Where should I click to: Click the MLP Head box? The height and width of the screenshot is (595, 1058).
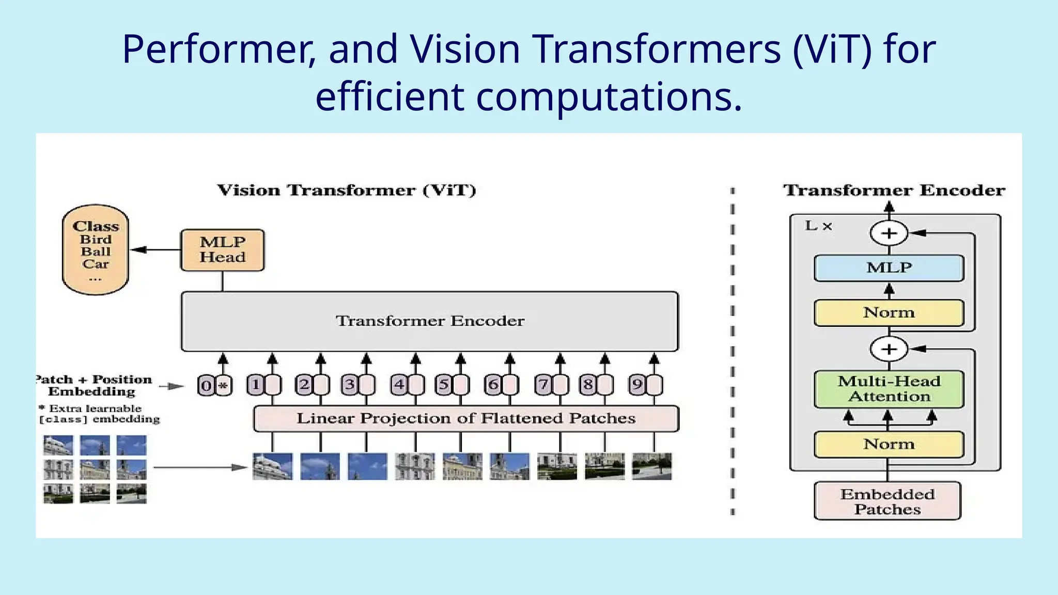click(x=222, y=250)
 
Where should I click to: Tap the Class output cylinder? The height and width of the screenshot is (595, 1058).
click(x=96, y=250)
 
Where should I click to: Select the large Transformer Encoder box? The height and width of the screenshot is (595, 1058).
click(x=429, y=321)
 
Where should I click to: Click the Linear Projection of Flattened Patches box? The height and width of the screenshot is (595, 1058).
click(x=465, y=418)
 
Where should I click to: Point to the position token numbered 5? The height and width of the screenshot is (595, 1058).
click(x=443, y=385)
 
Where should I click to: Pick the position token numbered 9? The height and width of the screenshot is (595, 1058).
click(x=637, y=385)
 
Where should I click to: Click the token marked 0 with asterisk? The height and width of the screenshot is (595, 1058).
click(x=215, y=385)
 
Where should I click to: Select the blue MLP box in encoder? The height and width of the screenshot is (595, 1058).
click(x=889, y=268)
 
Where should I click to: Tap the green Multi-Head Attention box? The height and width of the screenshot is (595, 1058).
click(x=889, y=389)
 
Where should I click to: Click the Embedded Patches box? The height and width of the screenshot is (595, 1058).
click(x=887, y=501)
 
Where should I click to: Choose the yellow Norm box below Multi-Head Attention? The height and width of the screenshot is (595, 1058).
click(x=889, y=444)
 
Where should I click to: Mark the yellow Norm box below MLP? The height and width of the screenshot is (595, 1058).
click(x=889, y=312)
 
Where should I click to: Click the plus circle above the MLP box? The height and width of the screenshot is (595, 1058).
click(x=889, y=233)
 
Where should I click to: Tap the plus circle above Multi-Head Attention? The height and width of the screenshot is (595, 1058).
click(x=889, y=349)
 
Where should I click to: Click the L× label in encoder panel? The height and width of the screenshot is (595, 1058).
click(x=818, y=226)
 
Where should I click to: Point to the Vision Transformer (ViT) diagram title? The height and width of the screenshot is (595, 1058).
click(x=346, y=190)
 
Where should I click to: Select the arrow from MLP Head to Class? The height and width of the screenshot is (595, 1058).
click(x=155, y=250)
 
